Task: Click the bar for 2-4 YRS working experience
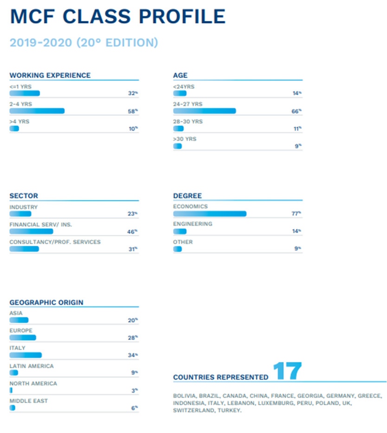[37, 111]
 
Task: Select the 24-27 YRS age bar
[205, 111]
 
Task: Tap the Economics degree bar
[210, 214]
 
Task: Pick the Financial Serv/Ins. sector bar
[31, 231]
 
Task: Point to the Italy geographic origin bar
[26, 355]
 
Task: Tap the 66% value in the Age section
[297, 111]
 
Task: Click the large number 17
[287, 372]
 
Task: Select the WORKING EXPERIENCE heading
[50, 75]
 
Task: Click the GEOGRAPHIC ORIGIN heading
[46, 302]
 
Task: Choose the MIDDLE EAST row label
[29, 401]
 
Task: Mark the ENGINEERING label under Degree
[193, 224]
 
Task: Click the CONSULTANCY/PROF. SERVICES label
[55, 242]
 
